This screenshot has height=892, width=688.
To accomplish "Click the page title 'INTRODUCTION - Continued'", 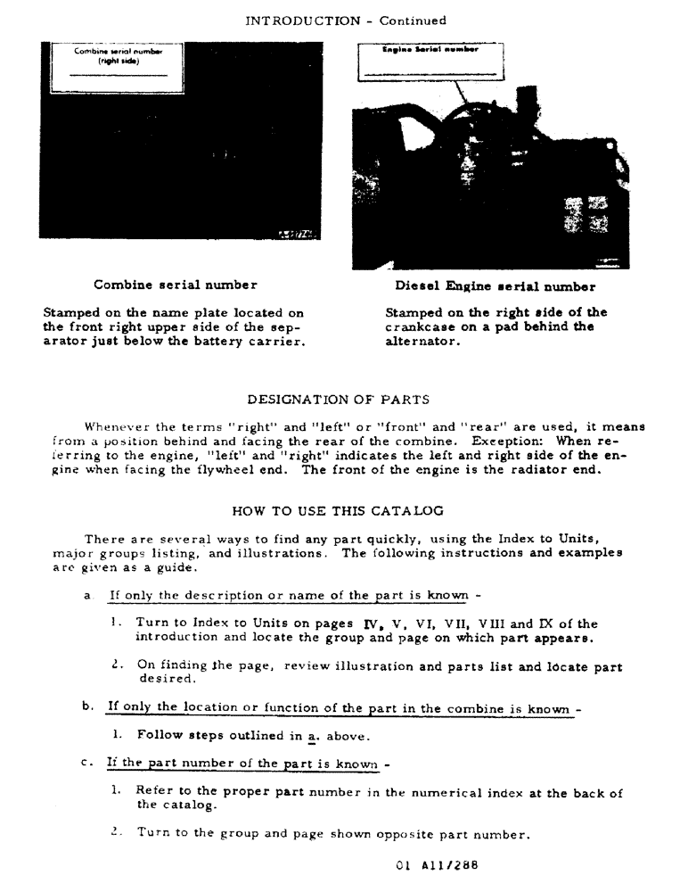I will pos(345,21).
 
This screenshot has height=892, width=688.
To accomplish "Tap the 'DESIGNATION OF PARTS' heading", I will pos(338,399).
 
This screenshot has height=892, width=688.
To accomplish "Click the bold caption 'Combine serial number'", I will pos(176,285).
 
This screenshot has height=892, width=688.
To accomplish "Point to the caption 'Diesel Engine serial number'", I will pos(495,286).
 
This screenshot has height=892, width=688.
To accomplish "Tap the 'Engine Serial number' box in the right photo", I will pos(430,61).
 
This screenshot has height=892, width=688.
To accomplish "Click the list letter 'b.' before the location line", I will pos(86,708).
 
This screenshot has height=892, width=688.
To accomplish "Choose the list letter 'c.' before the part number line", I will pos(86,764).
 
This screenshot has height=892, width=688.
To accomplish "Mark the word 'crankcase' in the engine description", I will pos(419,326).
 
